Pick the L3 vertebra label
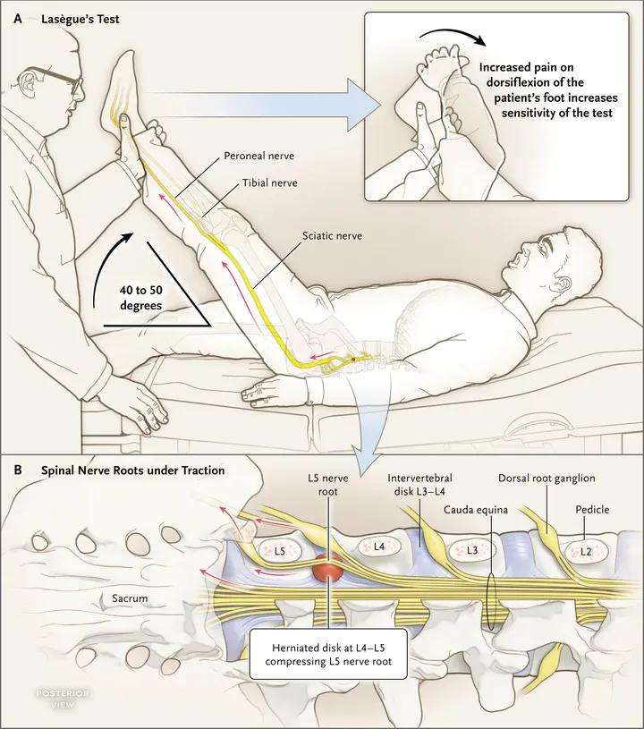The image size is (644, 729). (x=472, y=549)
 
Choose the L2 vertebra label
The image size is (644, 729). (x=585, y=551)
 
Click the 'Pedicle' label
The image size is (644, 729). (x=593, y=509)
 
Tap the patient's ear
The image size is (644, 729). (x=561, y=285)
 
